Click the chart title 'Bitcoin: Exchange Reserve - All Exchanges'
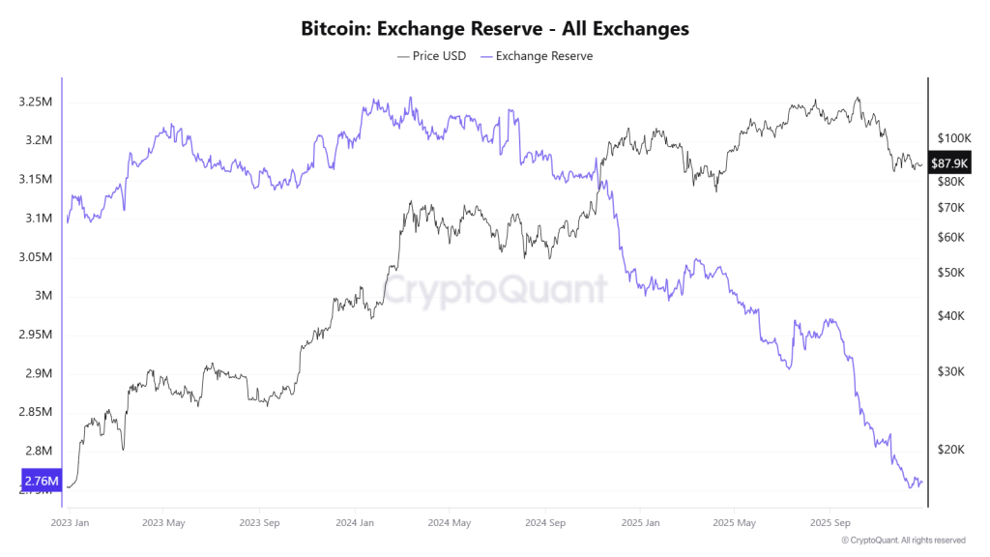(495, 29)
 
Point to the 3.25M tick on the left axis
(35, 102)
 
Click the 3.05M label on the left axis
(35, 257)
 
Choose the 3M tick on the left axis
(44, 296)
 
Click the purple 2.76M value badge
(41, 480)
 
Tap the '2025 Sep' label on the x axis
(828, 523)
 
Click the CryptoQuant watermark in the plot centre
(495, 288)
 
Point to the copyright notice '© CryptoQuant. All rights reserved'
(903, 541)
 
